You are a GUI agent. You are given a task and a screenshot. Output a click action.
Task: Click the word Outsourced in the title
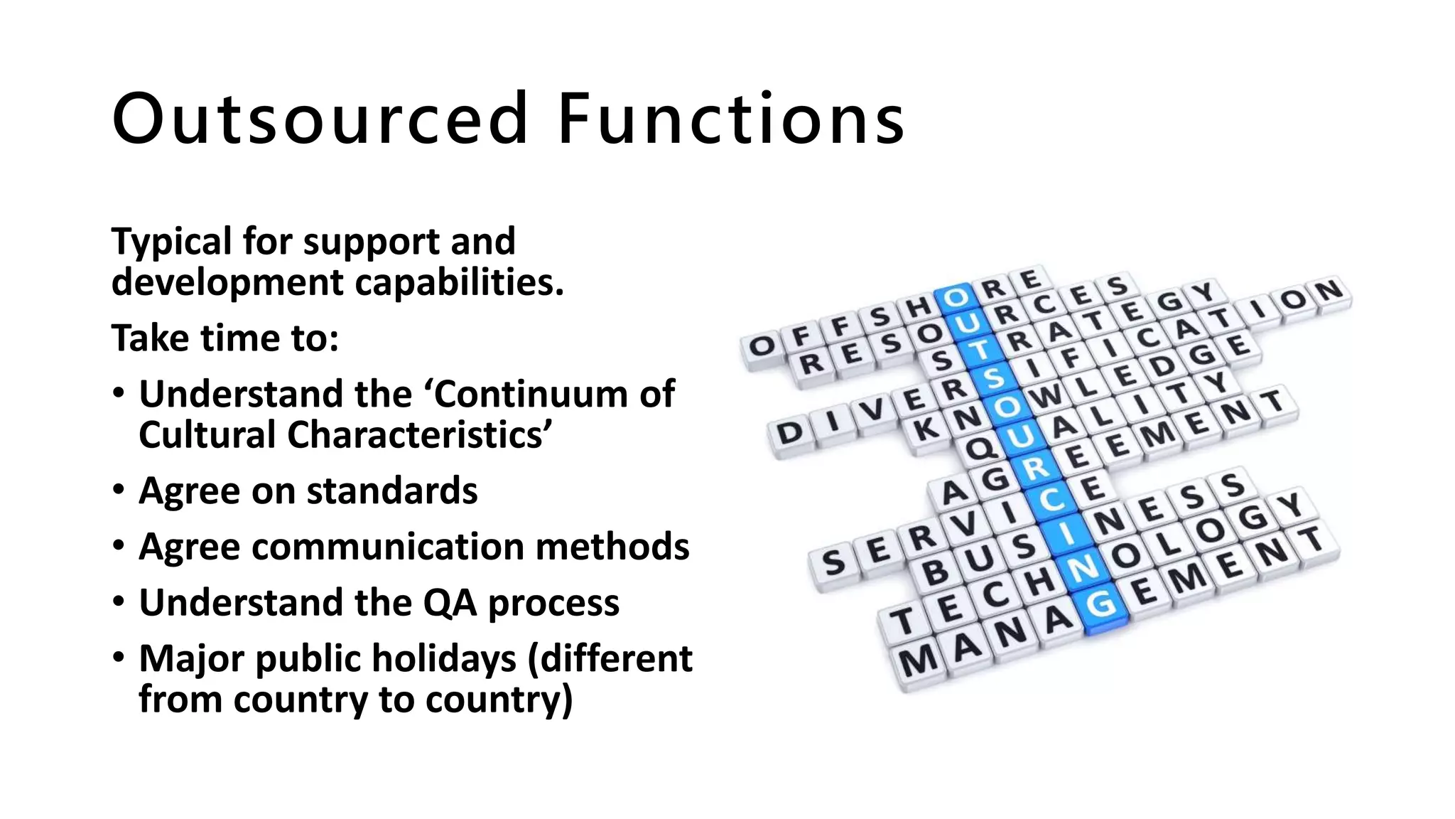click(320, 119)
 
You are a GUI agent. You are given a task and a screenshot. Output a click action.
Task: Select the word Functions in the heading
click(732, 119)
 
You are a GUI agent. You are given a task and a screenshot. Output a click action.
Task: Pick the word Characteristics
click(418, 435)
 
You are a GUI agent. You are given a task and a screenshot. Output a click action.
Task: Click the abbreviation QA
click(450, 603)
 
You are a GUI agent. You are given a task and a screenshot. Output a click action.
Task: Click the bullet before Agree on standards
click(119, 490)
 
